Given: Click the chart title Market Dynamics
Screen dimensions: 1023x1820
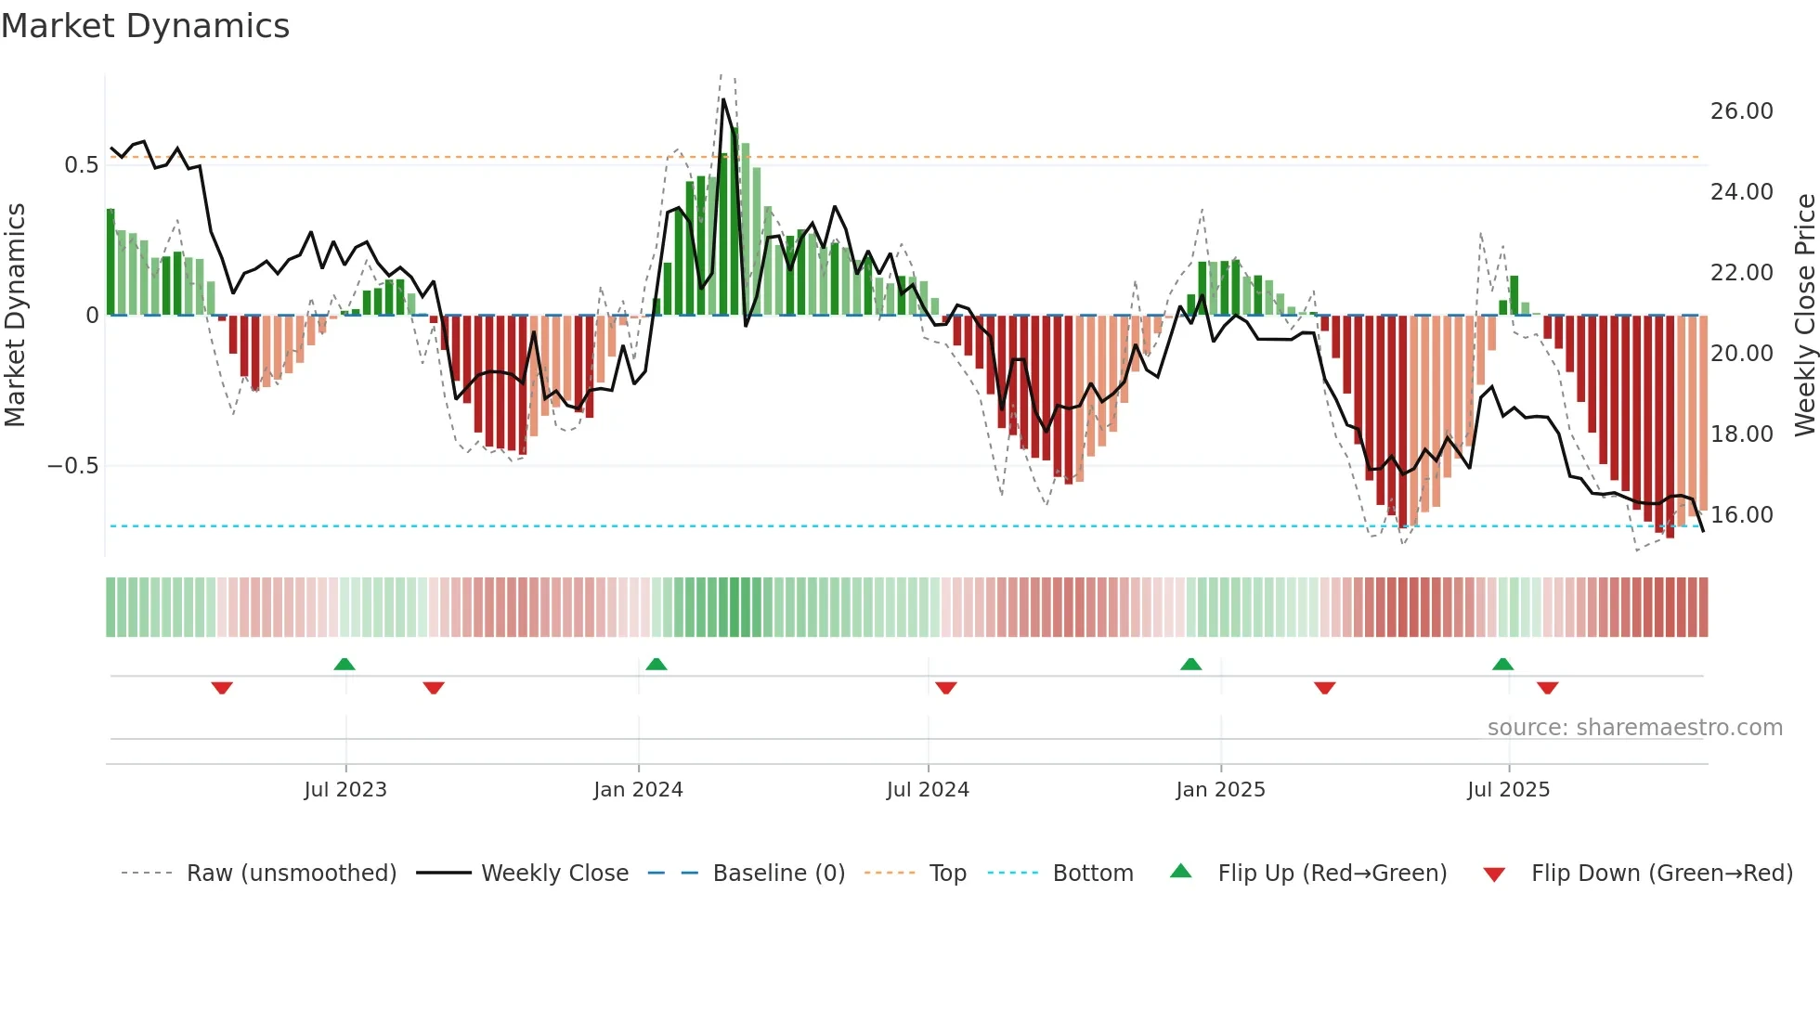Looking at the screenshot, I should click(146, 26).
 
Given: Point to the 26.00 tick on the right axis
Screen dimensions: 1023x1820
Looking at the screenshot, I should click(1741, 111).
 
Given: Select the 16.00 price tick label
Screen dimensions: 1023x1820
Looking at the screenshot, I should click(1741, 515).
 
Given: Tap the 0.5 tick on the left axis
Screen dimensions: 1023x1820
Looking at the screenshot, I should click(81, 165).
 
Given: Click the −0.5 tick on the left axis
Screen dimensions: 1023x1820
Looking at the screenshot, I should click(73, 466).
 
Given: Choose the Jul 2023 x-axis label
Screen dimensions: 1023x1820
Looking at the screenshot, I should click(345, 790).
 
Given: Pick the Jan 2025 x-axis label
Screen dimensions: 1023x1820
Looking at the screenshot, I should click(1220, 790).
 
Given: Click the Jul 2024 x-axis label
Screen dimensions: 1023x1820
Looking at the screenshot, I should click(928, 790).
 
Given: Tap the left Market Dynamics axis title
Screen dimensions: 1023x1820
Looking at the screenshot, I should click(15, 316).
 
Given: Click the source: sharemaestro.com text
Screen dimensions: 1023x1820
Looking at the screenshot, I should click(1634, 728).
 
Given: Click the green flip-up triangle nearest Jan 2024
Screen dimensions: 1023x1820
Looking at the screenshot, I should click(656, 664).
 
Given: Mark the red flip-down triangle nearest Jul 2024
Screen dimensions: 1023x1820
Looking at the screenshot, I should click(946, 688).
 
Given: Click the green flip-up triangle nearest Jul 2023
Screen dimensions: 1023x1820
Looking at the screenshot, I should click(344, 664).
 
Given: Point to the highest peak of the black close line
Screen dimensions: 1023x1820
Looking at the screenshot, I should click(724, 99).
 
